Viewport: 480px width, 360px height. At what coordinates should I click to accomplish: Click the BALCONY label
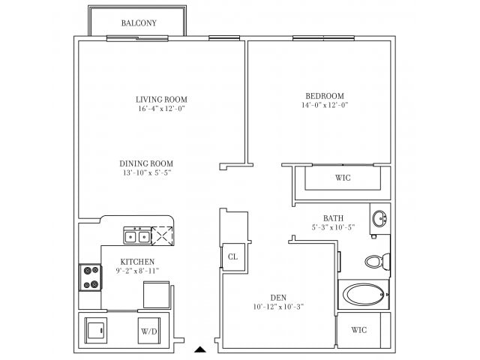[139, 22]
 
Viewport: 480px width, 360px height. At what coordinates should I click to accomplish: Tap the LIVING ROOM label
[161, 99]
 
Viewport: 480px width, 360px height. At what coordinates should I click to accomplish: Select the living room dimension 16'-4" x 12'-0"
[161, 109]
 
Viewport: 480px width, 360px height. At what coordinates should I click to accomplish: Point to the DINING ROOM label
[146, 163]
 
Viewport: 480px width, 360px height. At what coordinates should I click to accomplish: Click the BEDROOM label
[324, 95]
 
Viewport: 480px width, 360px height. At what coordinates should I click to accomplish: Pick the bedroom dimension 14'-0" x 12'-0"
[324, 105]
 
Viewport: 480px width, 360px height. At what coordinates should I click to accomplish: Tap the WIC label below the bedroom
[342, 178]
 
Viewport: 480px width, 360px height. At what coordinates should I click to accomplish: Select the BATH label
[334, 217]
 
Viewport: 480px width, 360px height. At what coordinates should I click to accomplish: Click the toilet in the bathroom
[376, 262]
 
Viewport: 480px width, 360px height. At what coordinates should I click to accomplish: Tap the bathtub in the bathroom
[364, 293]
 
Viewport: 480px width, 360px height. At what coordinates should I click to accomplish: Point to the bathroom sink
[381, 219]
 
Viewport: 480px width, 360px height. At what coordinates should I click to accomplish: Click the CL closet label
[232, 256]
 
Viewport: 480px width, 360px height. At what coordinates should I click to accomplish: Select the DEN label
[277, 296]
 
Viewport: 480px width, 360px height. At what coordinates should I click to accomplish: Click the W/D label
[148, 330]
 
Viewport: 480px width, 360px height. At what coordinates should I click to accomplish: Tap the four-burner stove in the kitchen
[91, 277]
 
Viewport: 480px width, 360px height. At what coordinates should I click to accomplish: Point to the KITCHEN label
[138, 262]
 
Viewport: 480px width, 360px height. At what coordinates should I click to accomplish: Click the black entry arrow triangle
[199, 349]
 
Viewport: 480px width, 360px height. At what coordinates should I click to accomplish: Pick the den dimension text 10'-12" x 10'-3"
[277, 306]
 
